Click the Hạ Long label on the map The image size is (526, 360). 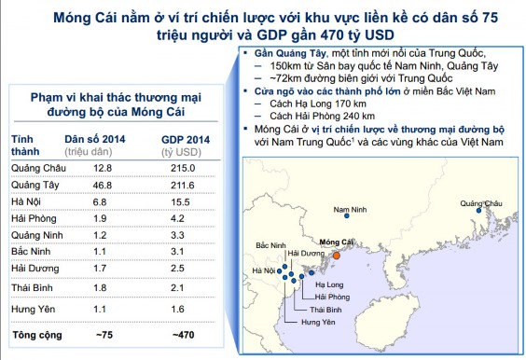coord(329,284)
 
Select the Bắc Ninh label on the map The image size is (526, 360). coord(270,244)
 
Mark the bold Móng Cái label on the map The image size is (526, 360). coord(336,242)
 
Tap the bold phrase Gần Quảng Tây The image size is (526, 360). coord(290,55)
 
